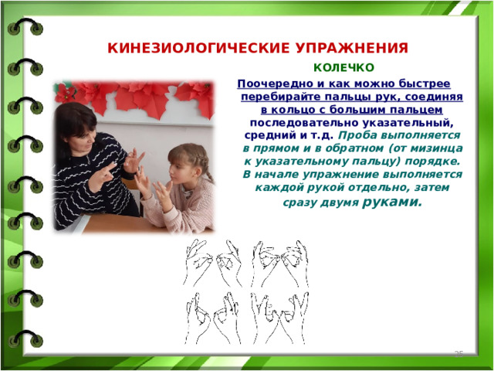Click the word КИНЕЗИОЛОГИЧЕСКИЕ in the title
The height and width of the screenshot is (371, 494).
(198, 48)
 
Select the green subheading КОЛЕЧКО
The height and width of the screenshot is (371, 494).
(343, 67)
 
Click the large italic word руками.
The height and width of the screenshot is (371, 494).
(392, 202)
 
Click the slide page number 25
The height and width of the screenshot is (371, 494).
(458, 354)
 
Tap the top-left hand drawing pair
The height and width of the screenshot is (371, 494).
(213, 263)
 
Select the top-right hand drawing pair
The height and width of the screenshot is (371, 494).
(279, 264)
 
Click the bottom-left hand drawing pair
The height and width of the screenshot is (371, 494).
(213, 318)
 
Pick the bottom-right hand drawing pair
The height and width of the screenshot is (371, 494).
(279, 318)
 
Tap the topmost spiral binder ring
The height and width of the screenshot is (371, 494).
(25, 27)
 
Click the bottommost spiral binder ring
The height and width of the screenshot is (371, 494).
(25, 339)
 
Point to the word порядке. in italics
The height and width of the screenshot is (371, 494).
(432, 162)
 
